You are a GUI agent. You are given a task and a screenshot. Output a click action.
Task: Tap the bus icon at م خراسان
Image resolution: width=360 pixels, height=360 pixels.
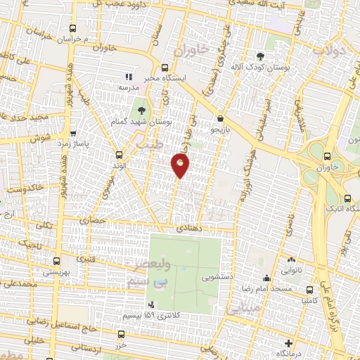[74, 29]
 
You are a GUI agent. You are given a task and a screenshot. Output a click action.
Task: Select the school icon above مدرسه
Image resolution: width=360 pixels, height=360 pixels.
[128, 76]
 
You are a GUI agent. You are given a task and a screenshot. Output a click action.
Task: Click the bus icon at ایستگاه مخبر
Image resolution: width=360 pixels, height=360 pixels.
[165, 68]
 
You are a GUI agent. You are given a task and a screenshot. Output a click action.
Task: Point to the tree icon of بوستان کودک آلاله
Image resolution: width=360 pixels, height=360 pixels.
[261, 56]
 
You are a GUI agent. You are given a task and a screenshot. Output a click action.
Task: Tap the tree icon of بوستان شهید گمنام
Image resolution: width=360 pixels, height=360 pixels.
[143, 110]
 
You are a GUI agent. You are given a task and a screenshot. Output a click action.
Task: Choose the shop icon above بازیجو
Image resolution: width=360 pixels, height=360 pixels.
[221, 119]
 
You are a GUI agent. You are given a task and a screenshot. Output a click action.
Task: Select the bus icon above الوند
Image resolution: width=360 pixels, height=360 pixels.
[118, 154]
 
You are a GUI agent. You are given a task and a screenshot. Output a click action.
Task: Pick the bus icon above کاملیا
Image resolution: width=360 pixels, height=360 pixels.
[310, 289]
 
